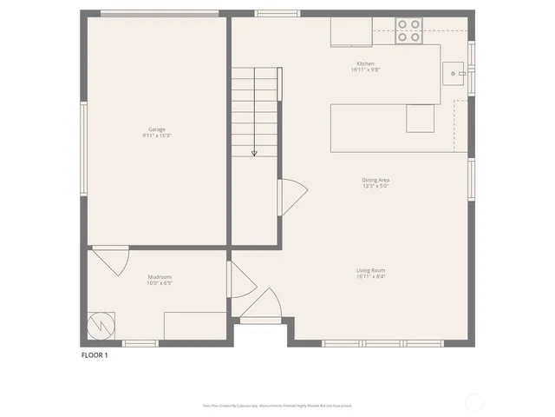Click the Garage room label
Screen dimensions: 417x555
click(x=157, y=129)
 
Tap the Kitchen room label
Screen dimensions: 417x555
click(x=365, y=63)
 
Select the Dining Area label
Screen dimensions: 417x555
click(x=375, y=180)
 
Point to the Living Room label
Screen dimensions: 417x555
click(x=370, y=270)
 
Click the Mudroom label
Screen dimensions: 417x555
click(x=160, y=276)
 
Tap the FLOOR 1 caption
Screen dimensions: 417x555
click(x=95, y=354)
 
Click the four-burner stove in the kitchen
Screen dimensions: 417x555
click(x=408, y=31)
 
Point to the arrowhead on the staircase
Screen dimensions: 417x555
click(x=254, y=153)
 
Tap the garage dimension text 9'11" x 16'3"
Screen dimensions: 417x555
click(x=157, y=136)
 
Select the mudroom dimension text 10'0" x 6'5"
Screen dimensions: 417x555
click(x=160, y=282)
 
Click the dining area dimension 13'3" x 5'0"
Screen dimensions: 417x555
click(x=375, y=186)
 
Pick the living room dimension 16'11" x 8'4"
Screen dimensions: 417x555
click(x=370, y=276)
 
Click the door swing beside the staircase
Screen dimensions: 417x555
click(x=291, y=195)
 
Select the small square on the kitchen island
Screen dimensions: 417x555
click(x=421, y=118)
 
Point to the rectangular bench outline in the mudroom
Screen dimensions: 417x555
click(x=193, y=326)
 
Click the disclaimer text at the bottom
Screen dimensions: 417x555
click(x=277, y=405)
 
